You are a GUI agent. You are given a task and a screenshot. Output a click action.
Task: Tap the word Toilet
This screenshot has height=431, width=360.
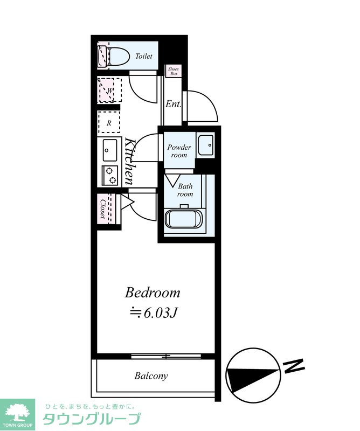(x=143, y=56)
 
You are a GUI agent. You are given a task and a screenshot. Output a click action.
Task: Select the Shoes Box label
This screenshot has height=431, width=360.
(x=173, y=71)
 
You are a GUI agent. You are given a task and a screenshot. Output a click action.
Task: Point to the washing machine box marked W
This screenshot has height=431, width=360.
(x=110, y=90)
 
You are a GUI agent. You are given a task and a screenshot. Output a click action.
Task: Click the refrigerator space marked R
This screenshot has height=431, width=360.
(x=109, y=122)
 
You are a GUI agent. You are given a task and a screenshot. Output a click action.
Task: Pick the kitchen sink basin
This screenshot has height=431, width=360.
(x=109, y=150)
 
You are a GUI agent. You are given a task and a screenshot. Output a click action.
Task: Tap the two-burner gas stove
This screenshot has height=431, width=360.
(x=110, y=176)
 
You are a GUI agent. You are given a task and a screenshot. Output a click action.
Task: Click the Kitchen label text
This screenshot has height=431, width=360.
(x=129, y=161)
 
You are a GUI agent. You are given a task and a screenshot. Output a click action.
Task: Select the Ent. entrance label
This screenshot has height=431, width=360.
(x=173, y=104)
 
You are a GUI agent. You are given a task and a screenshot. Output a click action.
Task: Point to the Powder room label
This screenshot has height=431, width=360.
(x=179, y=151)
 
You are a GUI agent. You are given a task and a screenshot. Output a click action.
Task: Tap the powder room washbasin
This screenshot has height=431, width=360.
(x=206, y=145)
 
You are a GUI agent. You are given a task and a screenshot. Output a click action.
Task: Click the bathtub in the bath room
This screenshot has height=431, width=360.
(x=183, y=219)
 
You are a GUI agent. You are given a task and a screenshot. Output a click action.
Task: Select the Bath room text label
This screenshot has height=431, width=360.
(x=185, y=190)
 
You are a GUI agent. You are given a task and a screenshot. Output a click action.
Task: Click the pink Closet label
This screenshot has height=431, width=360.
(x=103, y=208)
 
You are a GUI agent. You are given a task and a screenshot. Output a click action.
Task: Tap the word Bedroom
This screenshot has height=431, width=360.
(x=153, y=293)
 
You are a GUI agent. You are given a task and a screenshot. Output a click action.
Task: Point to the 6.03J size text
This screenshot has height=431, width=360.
(x=160, y=313)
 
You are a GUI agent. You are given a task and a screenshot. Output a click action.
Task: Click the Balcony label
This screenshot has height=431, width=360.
(x=151, y=376)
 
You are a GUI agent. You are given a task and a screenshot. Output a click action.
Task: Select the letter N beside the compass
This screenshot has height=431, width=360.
(x=294, y=366)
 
